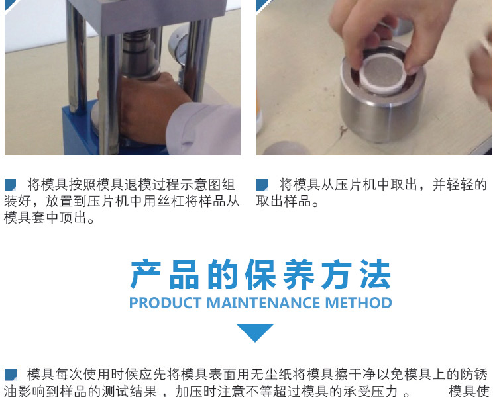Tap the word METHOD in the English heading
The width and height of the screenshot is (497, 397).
pos(358,303)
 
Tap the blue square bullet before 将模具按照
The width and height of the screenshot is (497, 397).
pos(11,185)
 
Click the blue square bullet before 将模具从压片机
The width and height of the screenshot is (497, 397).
pos(262,185)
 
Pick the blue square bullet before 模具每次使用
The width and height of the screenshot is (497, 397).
pos(11,375)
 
